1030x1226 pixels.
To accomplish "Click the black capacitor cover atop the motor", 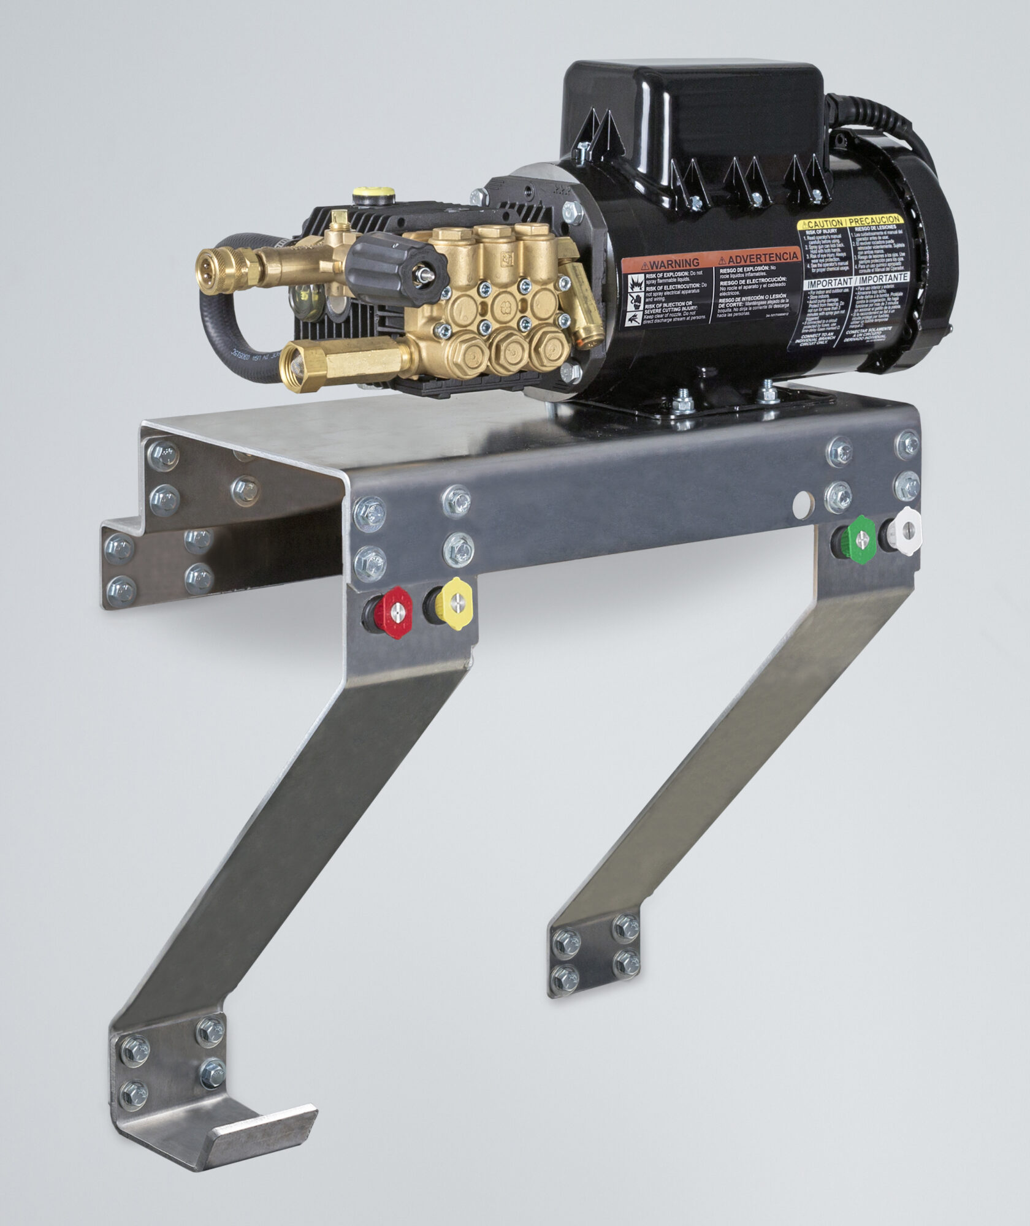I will (693, 110).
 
